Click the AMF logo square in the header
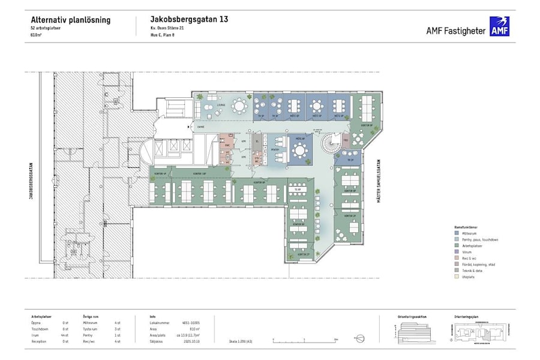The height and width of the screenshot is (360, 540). tap(499, 26)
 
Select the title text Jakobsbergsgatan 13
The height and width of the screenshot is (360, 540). tap(189, 20)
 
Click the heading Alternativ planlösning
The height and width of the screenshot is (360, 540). tap(70, 20)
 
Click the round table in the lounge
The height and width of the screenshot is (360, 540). tap(240, 106)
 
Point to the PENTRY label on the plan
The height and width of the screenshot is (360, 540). tap(275, 149)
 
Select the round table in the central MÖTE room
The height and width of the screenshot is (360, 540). tap(300, 151)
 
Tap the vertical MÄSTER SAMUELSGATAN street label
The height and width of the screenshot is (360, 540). tap(379, 181)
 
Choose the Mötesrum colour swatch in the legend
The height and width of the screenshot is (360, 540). tap(457, 234)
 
